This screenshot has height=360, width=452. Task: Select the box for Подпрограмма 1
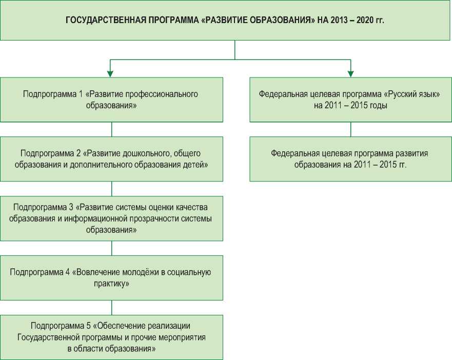click(111, 99)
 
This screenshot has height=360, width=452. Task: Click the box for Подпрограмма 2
click(111, 159)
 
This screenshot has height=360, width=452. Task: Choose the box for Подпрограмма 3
click(111, 218)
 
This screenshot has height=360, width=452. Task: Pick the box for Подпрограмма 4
click(111, 277)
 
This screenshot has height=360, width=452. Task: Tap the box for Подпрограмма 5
click(111, 337)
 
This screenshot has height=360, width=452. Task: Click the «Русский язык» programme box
click(351, 99)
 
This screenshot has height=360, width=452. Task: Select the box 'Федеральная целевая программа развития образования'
click(351, 159)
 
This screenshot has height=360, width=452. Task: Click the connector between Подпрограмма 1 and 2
click(111, 129)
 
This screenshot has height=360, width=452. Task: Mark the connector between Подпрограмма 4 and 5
click(111, 307)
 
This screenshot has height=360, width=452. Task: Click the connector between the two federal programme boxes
click(351, 129)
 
